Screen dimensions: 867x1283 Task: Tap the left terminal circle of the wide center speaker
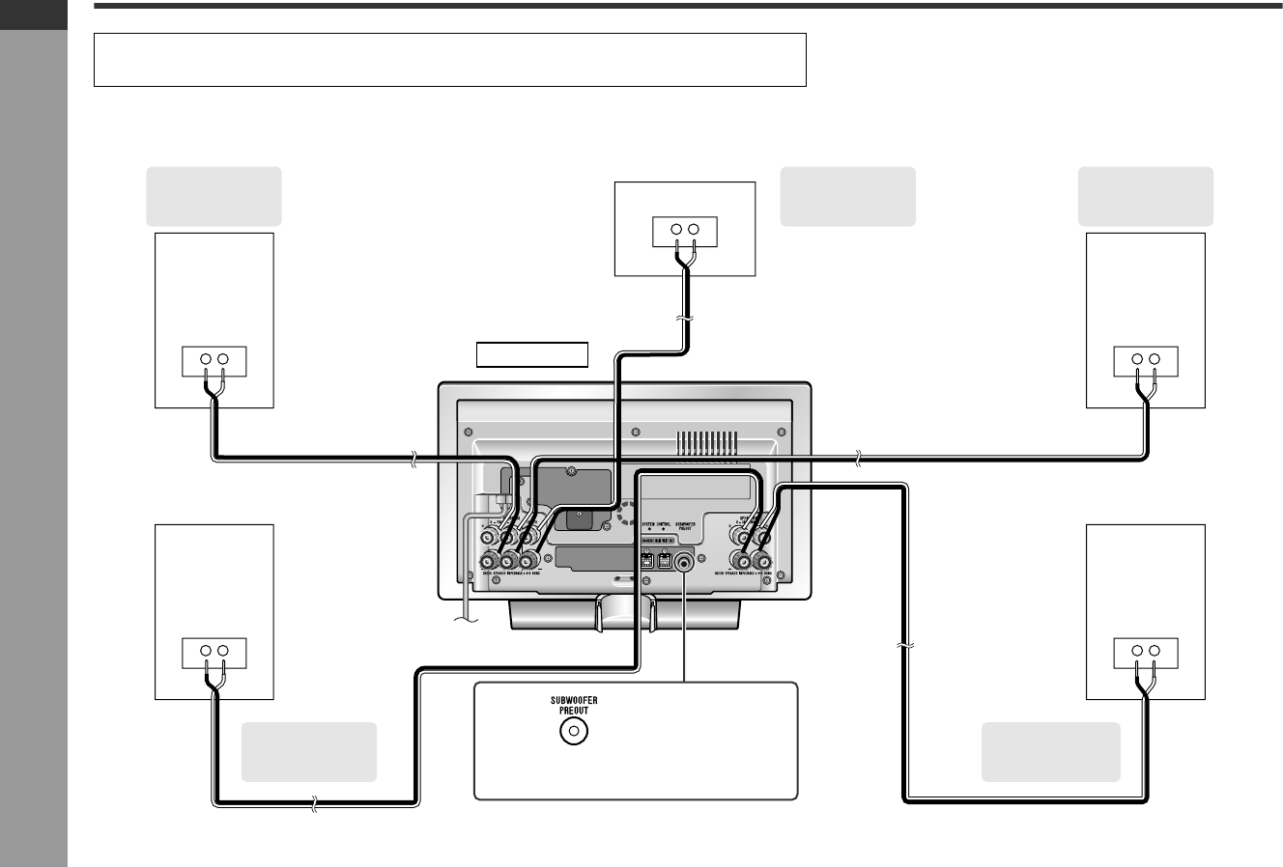pos(676,229)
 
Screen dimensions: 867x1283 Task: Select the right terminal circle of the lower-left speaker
pos(222,651)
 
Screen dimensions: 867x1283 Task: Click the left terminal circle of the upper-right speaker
pos(1137,360)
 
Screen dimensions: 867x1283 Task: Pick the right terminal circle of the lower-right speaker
pos(1153,651)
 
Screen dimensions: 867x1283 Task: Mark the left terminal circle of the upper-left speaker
pos(207,360)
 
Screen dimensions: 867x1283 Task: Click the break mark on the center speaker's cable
pos(685,319)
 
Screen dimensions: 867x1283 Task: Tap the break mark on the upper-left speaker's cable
pos(413,461)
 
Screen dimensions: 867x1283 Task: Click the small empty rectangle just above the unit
pos(532,354)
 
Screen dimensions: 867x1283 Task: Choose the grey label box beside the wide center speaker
pos(847,196)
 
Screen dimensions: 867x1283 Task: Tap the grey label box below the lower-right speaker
pos(1050,751)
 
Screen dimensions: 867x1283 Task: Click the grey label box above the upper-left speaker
pos(213,196)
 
